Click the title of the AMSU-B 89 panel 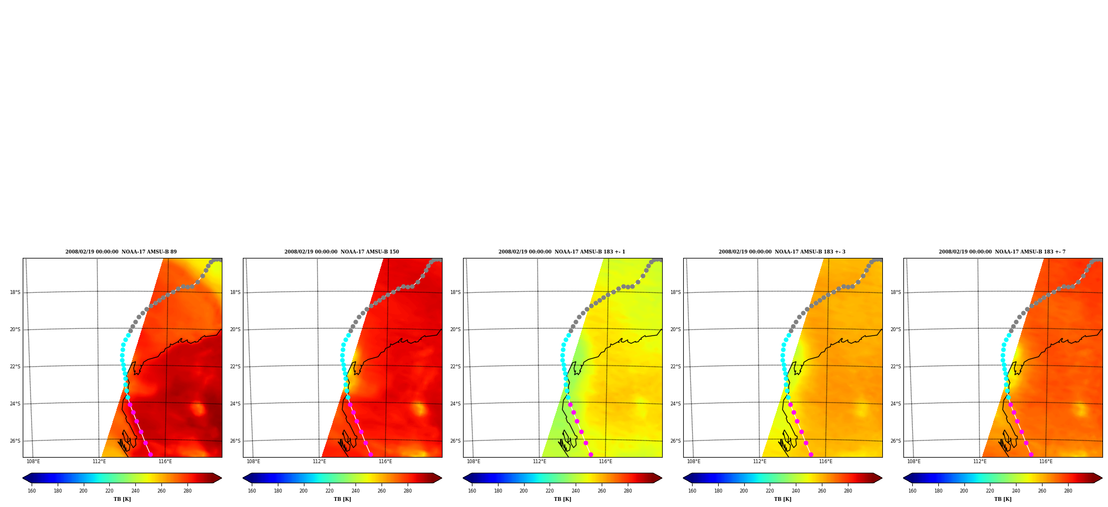click(121, 252)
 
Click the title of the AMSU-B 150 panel click(342, 252)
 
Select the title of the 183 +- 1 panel click(562, 252)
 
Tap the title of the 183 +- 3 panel click(782, 252)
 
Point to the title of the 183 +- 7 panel click(1002, 252)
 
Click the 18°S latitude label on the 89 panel click(15, 292)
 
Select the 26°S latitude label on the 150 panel click(235, 441)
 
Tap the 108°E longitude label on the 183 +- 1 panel click(474, 462)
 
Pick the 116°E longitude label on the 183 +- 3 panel click(826, 462)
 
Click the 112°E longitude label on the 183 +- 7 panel click(980, 462)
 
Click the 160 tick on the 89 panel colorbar click(32, 491)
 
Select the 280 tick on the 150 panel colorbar click(408, 491)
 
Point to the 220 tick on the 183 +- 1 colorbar click(550, 491)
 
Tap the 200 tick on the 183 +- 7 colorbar click(964, 491)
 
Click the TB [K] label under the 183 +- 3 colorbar click(782, 499)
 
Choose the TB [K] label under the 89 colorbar click(122, 499)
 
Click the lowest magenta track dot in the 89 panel click(150, 455)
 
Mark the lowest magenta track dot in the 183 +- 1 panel click(591, 455)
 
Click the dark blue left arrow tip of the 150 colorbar click(243, 478)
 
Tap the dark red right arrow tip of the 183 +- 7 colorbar click(1101, 478)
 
